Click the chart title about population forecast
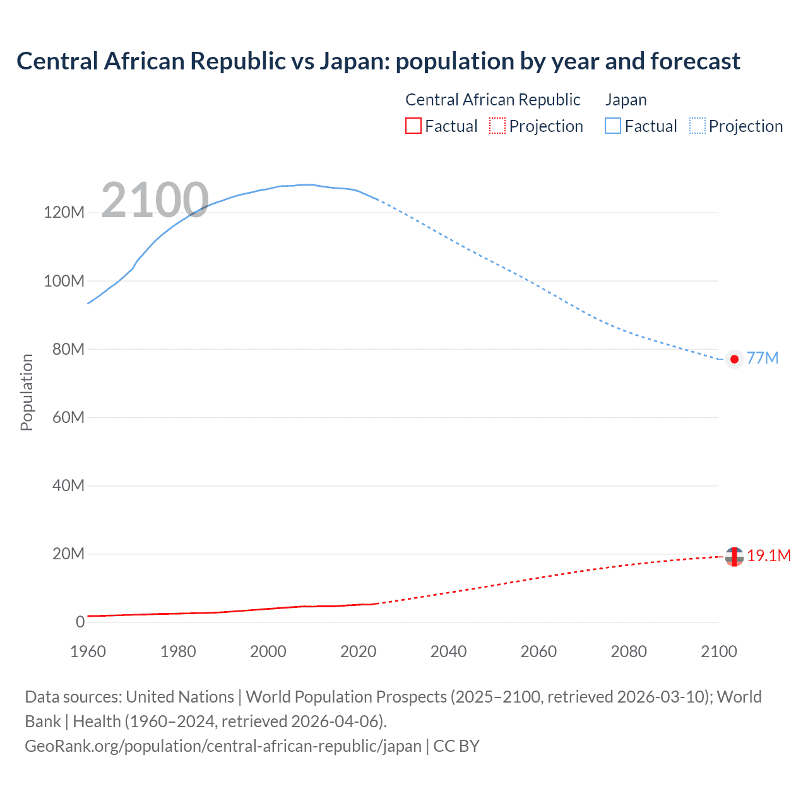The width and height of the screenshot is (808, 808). click(378, 61)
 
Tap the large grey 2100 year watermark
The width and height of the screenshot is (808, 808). click(155, 200)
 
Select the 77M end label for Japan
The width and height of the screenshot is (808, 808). click(762, 358)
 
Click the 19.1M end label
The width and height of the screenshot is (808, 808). click(768, 555)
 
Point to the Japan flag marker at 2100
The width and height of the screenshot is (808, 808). click(734, 359)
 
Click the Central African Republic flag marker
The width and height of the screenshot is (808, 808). click(734, 557)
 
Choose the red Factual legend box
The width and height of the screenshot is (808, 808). click(413, 126)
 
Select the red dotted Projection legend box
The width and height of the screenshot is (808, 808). click(497, 126)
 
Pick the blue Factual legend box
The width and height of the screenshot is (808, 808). click(612, 126)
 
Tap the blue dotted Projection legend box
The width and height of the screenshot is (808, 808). click(697, 126)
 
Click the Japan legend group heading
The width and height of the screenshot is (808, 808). click(626, 100)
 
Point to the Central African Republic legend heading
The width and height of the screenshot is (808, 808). click(492, 100)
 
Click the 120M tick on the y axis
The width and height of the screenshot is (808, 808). click(64, 212)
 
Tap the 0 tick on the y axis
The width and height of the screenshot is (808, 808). click(80, 622)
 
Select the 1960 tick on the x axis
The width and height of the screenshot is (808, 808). click(88, 651)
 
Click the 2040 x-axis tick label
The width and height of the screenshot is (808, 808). click(448, 651)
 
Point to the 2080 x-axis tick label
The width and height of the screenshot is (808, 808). click(629, 651)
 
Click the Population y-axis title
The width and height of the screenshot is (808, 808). click(27, 392)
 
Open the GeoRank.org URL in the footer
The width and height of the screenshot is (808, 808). click(223, 746)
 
